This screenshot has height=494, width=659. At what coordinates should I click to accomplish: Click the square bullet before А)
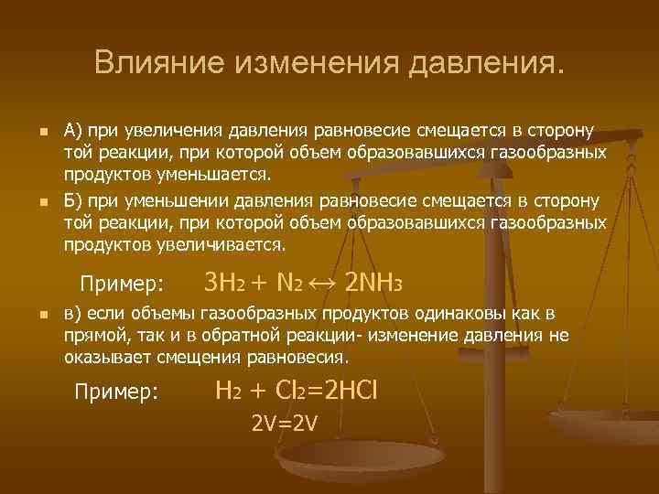click(x=32, y=134)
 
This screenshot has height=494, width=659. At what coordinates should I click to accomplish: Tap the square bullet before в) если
click(x=32, y=316)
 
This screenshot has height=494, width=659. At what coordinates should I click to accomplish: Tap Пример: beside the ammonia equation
click(x=122, y=281)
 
